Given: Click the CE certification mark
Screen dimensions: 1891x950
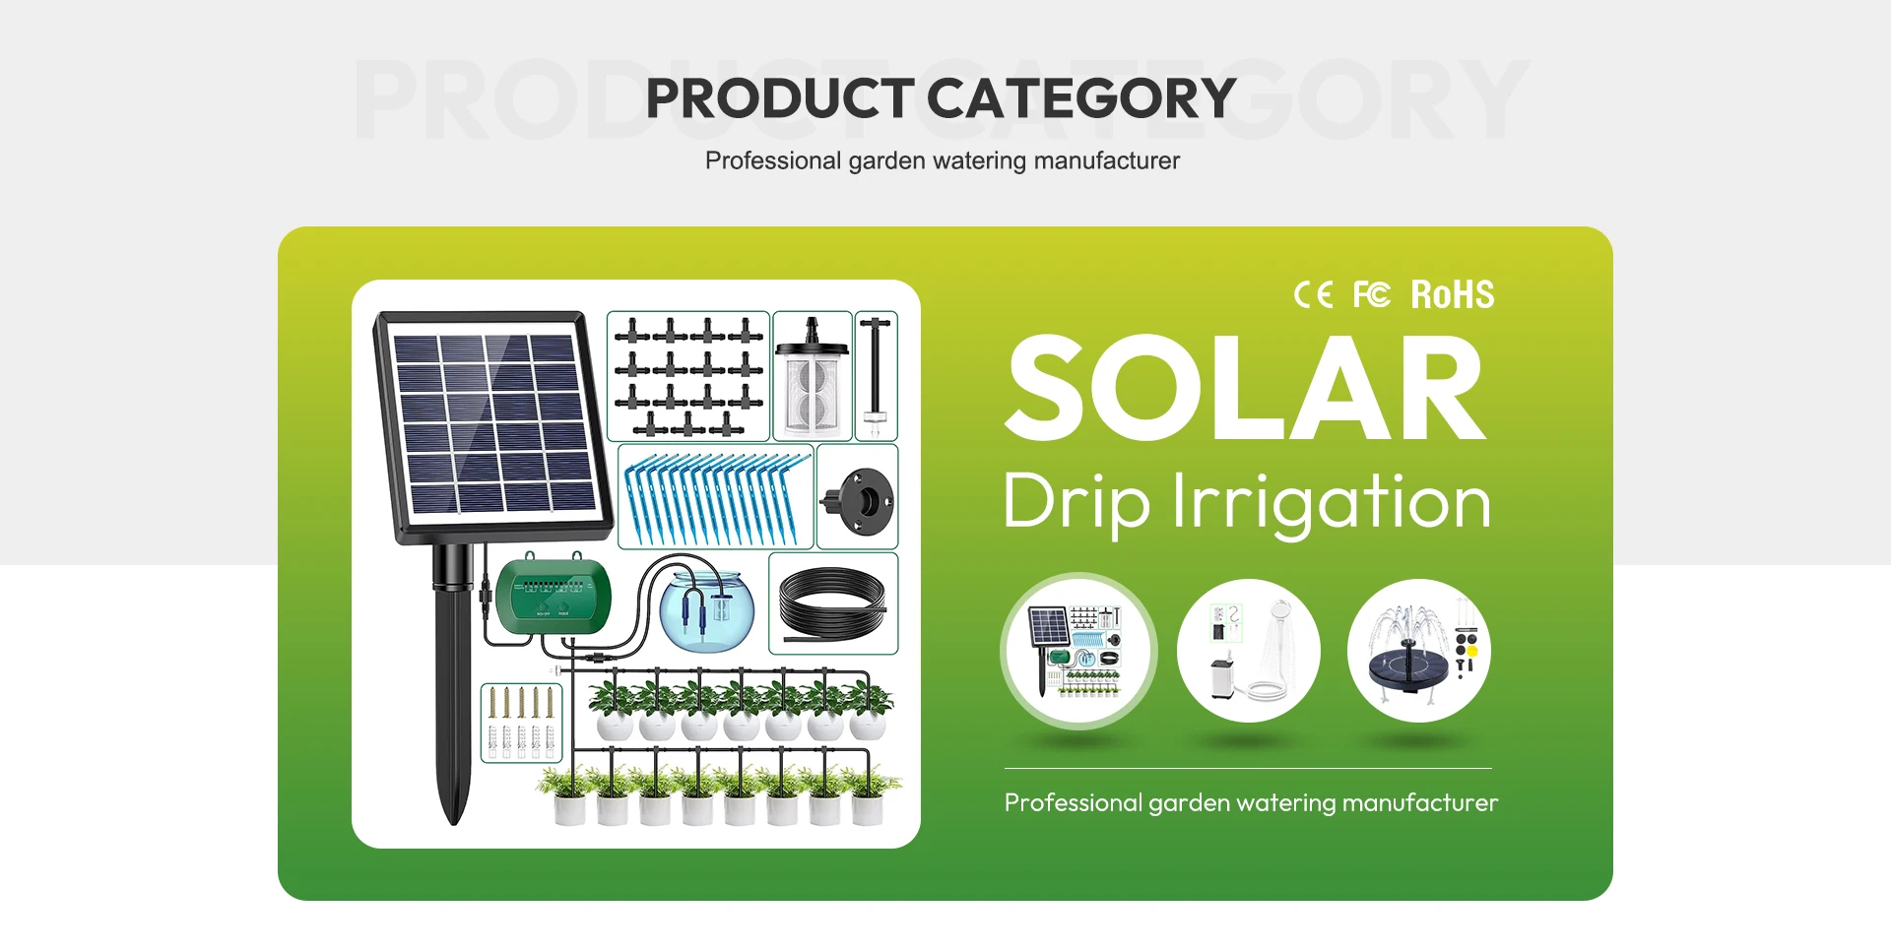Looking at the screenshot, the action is pos(1313,294).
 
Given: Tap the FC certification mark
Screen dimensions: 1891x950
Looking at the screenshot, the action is pos(1371,294).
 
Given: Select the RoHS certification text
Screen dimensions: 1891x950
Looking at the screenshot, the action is pos(1453,294).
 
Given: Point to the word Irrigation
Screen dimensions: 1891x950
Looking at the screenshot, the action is pos(1332,503).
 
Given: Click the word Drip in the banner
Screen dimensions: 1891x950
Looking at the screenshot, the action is pos(1076,503).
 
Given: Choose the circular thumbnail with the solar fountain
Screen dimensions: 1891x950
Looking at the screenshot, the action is pos(1419,650).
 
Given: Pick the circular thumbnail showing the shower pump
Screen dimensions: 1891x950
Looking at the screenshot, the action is pos(1249,650).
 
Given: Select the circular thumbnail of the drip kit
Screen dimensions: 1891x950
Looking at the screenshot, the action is pos(1078,650).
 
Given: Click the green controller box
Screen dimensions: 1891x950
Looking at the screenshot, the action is pos(553,594).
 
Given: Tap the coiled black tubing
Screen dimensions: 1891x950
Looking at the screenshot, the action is pos(832,603).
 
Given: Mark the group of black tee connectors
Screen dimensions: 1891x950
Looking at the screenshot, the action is pos(688,375).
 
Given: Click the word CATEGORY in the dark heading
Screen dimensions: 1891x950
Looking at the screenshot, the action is pos(1081,98).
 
